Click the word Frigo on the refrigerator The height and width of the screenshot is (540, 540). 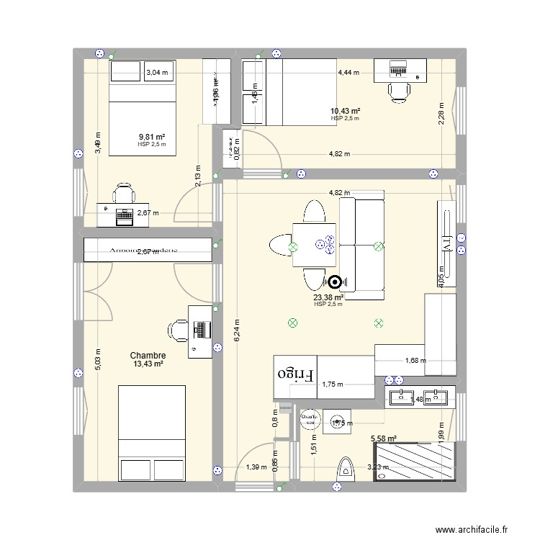296,375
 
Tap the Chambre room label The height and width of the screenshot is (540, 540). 148,356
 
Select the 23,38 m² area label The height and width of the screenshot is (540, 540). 328,297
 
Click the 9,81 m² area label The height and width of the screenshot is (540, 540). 152,137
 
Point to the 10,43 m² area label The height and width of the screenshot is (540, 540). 346,111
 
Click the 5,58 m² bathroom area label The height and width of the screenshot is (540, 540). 384,438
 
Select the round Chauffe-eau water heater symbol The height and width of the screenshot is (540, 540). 310,418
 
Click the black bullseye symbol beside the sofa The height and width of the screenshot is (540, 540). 335,282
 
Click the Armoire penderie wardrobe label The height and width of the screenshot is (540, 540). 146,251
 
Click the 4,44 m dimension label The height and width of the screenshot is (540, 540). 349,73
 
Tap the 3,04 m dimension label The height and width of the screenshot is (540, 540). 156,73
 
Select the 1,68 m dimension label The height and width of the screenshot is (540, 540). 415,361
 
